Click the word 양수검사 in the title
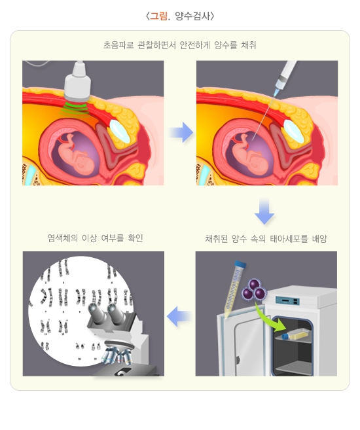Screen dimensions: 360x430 (194, 16)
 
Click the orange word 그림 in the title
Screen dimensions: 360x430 (158, 16)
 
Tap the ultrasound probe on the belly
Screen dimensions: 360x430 (78, 81)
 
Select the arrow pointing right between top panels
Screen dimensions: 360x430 (181, 132)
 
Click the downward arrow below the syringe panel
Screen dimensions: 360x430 (264, 211)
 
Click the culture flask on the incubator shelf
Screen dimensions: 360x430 (297, 334)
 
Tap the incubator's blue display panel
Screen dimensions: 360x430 (287, 301)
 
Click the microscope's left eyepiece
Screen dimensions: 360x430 (97, 314)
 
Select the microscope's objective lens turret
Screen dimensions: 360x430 (117, 354)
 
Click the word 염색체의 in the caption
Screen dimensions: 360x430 (63, 238)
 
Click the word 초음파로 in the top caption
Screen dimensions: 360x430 (118, 45)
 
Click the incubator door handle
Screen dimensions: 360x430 (238, 360)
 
